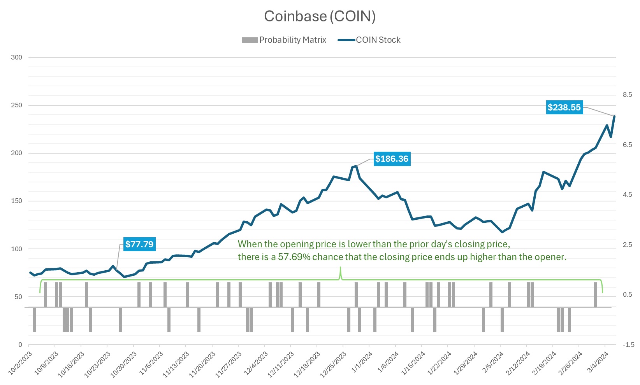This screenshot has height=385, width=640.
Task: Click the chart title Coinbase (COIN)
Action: (320, 16)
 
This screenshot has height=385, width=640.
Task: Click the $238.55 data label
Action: (564, 107)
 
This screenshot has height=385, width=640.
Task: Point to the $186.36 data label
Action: (392, 159)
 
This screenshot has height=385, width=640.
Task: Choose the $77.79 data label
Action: (139, 244)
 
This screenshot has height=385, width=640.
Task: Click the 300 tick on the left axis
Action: (17, 57)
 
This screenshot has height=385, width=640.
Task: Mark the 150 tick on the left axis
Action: (17, 201)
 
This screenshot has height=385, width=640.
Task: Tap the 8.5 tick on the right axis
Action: (627, 94)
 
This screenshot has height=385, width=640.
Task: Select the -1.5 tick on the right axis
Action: (628, 345)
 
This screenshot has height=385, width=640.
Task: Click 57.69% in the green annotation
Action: (294, 257)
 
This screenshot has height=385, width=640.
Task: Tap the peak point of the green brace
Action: (341, 268)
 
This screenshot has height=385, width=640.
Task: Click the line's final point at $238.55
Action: (614, 116)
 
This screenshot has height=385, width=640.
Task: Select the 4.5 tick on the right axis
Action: (627, 194)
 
